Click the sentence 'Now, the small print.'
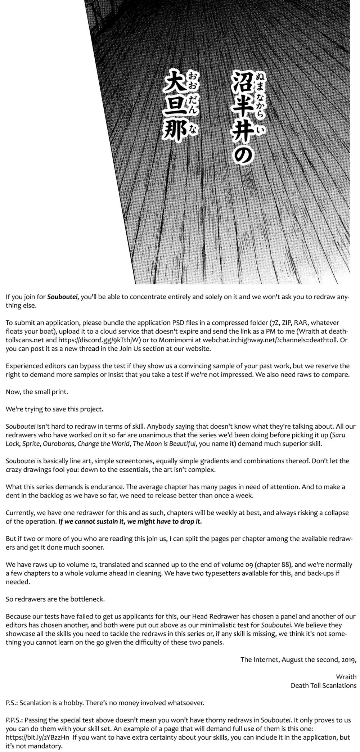click(37, 392)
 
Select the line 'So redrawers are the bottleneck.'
click(55, 599)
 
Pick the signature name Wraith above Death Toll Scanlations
click(346, 677)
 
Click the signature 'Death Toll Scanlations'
click(323, 686)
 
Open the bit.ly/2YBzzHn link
click(37, 738)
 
